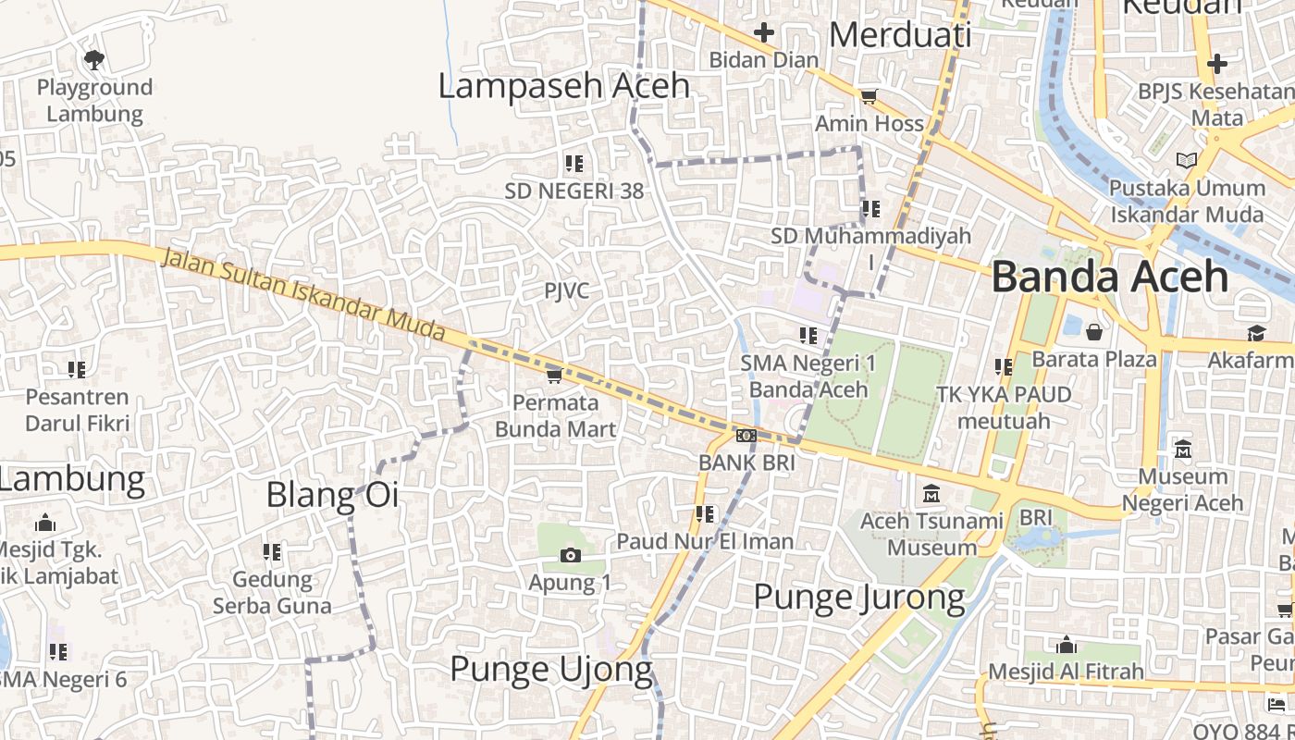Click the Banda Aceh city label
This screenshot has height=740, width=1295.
pyautogui.click(x=1110, y=277)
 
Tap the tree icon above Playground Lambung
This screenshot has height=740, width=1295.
pyautogui.click(x=93, y=60)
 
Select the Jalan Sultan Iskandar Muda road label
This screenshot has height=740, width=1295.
pyautogui.click(x=304, y=296)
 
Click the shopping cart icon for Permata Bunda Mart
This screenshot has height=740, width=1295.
pyautogui.click(x=555, y=375)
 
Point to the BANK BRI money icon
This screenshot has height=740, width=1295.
pyautogui.click(x=746, y=436)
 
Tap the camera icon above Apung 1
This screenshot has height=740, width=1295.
pyautogui.click(x=571, y=555)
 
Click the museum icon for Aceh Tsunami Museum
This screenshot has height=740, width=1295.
pyautogui.click(x=931, y=494)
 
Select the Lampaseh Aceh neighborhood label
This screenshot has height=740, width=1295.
pyautogui.click(x=563, y=86)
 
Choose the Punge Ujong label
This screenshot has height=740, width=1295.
pyautogui.click(x=550, y=669)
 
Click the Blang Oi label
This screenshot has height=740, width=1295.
pyautogui.click(x=332, y=495)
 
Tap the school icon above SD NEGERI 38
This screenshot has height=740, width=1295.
pyautogui.click(x=574, y=164)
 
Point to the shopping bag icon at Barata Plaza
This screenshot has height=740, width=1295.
pyautogui.click(x=1094, y=332)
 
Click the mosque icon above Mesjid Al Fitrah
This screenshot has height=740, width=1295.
pyautogui.click(x=1067, y=645)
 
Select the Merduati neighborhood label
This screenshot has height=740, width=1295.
pyautogui.click(x=900, y=35)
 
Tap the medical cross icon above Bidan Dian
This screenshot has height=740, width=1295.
pyautogui.click(x=763, y=33)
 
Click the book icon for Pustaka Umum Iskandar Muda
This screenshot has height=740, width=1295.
pyautogui.click(x=1187, y=160)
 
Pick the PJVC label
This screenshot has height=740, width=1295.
pyautogui.click(x=566, y=291)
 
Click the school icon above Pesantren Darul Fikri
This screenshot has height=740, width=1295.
pyautogui.click(x=77, y=370)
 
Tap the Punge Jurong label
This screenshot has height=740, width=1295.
pyautogui.click(x=859, y=597)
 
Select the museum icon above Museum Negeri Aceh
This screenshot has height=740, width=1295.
pyautogui.click(x=1183, y=450)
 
